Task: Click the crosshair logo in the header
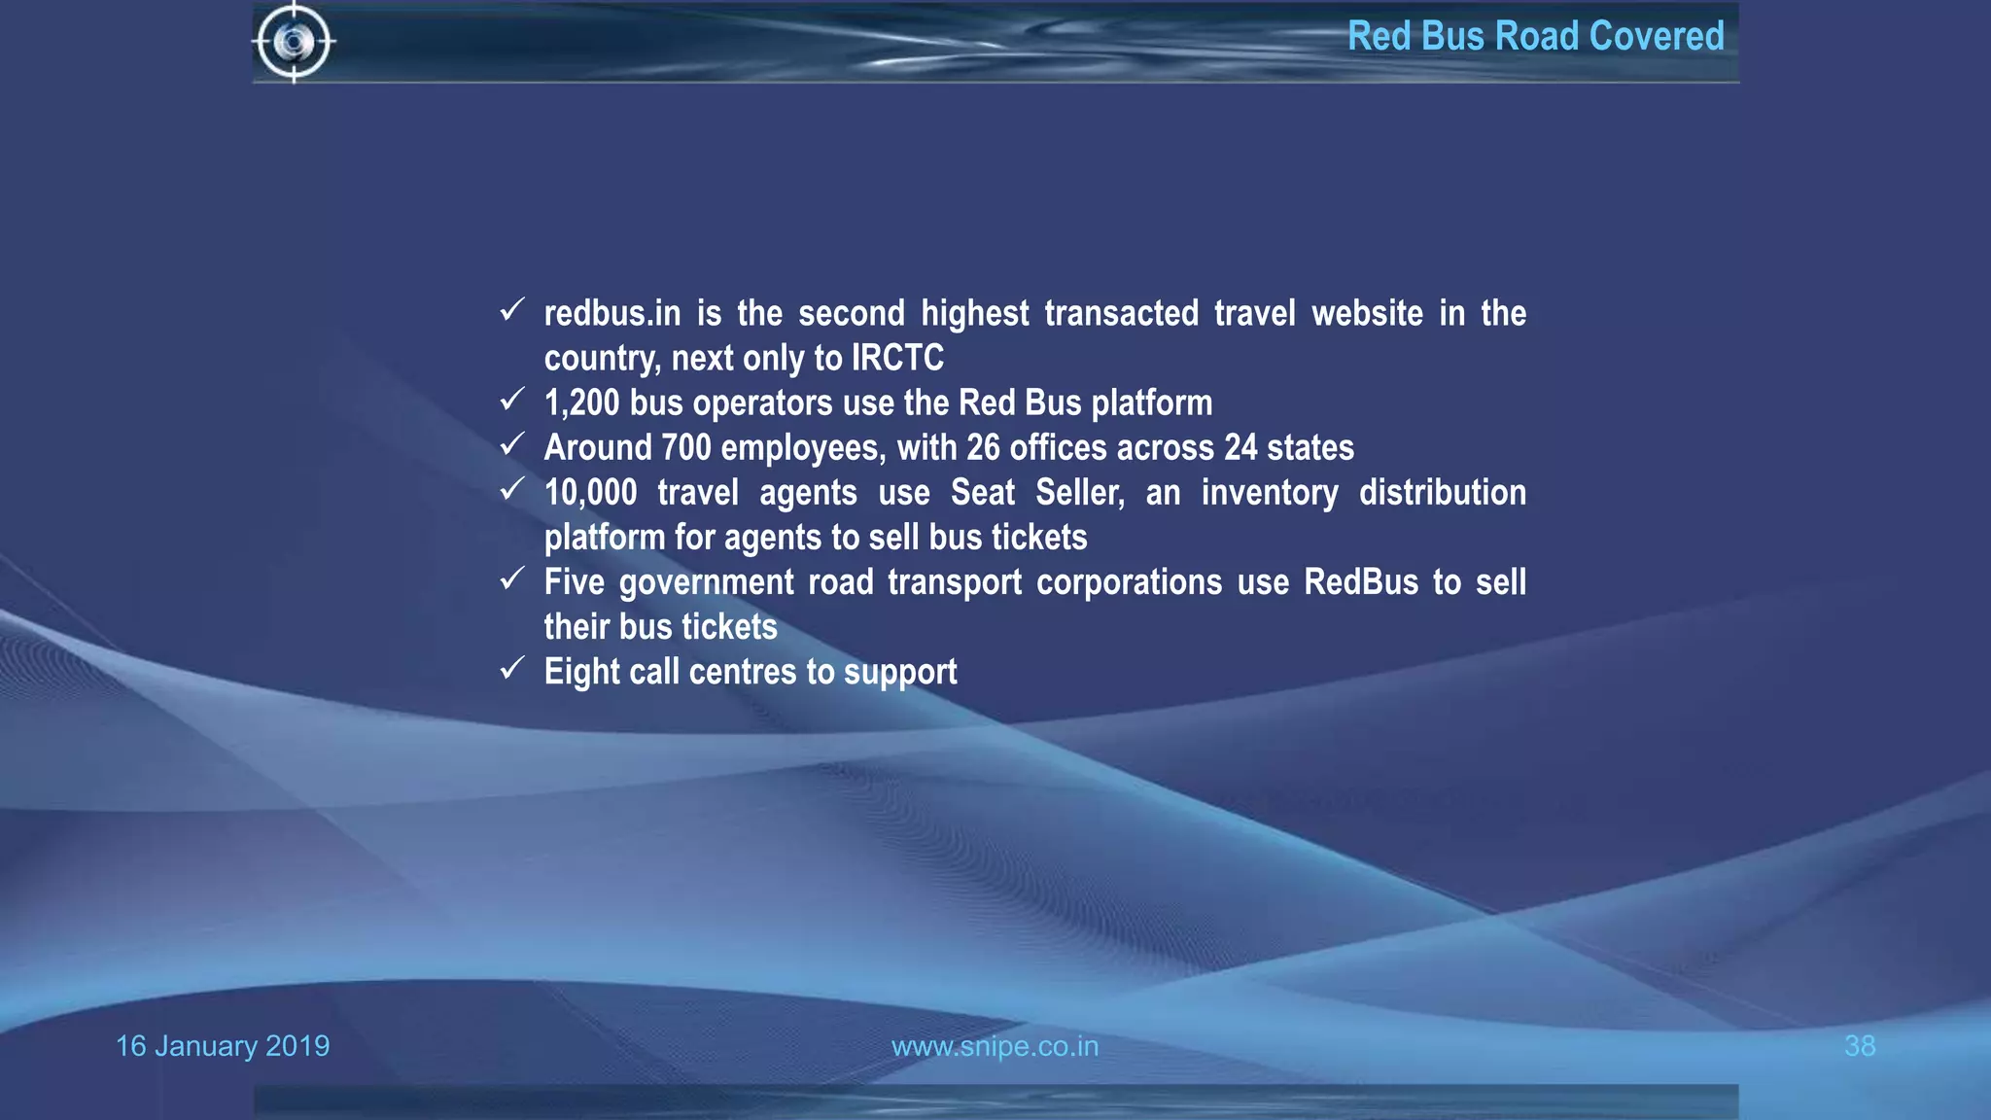(294, 42)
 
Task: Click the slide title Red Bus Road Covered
(1535, 37)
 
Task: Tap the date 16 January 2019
(223, 1046)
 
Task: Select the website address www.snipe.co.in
(995, 1046)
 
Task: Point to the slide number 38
(1859, 1046)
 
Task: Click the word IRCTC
(897, 358)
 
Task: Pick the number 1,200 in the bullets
(580, 402)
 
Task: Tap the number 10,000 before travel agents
(590, 493)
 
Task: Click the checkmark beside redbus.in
(512, 310)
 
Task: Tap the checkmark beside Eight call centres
(512, 668)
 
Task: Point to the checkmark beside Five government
(512, 578)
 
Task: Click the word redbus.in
(611, 313)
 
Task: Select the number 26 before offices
(983, 447)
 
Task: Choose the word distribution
(1442, 493)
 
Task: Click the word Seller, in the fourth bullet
(1079, 493)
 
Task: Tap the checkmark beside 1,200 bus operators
(512, 400)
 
